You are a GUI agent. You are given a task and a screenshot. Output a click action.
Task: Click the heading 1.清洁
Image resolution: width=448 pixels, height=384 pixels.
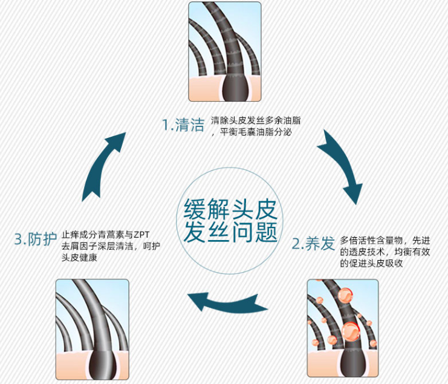pos(182,125)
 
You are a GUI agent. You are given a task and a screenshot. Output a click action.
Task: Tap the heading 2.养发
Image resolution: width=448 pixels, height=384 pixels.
pos(313,244)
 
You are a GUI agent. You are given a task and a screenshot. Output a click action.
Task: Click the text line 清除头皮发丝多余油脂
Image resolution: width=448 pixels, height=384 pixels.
pos(256,120)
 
